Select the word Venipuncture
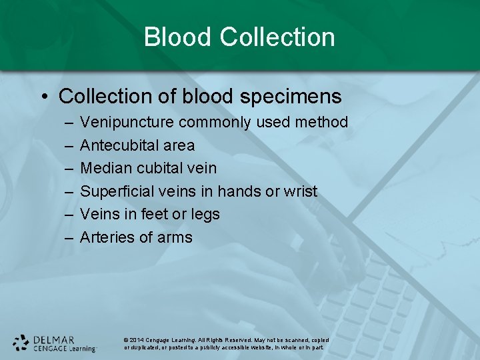point(127,123)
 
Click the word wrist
point(300,191)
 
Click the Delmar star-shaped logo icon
point(21,343)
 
